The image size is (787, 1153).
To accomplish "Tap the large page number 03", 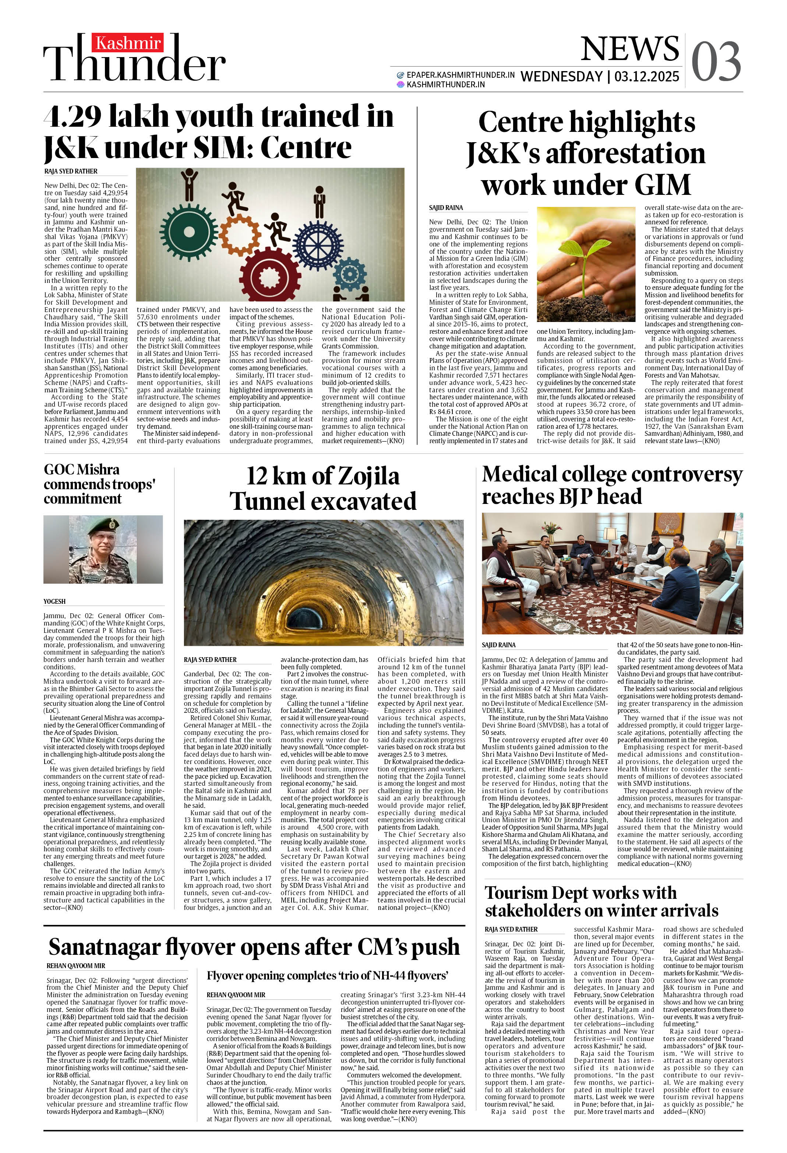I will tap(716, 62).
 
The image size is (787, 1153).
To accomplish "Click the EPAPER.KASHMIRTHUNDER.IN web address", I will tap(460, 75).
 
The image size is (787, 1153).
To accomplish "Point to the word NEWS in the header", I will tap(629, 49).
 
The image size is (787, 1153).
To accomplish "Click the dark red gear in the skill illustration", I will tap(270, 275).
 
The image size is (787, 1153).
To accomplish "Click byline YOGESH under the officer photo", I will tap(54, 601).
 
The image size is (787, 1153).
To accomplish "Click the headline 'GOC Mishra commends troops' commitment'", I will tap(99, 484).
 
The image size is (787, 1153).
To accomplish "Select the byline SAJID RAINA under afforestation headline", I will tap(446, 208).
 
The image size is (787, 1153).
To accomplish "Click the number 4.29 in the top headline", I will tap(73, 117).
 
